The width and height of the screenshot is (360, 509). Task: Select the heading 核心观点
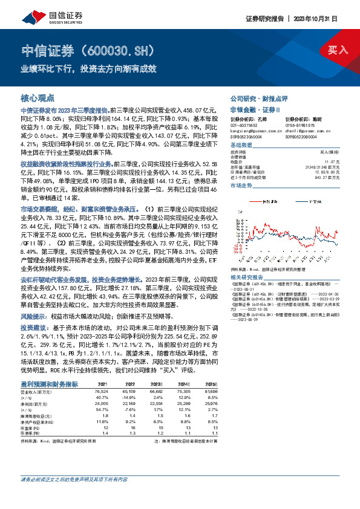38,97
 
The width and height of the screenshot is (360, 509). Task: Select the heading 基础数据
241,146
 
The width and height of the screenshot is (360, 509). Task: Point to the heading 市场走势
241,186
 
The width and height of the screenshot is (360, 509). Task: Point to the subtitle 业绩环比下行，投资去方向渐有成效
89,68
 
